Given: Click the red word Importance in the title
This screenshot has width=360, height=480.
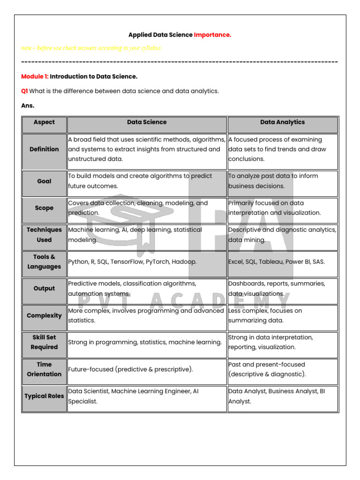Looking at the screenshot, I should pyautogui.click(x=212, y=35).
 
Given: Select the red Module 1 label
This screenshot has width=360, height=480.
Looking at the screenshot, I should pyautogui.click(x=35, y=76).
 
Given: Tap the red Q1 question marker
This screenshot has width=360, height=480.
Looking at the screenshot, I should pyautogui.click(x=24, y=91).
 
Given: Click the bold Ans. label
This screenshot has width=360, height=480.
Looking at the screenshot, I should pyautogui.click(x=28, y=105).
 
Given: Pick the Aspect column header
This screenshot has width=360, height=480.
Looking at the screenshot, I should pyautogui.click(x=44, y=122).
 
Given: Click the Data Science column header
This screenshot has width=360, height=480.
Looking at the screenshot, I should pyautogui.click(x=147, y=122).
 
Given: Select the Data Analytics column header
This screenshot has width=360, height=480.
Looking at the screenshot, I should pyautogui.click(x=282, y=122).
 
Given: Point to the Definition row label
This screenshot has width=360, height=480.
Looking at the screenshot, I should pyautogui.click(x=44, y=149).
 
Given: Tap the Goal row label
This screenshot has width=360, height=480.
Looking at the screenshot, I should pyautogui.click(x=44, y=181).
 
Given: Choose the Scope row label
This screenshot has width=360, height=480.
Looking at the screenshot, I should pyautogui.click(x=44, y=208).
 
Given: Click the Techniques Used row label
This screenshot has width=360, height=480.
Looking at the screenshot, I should pyautogui.click(x=44, y=235).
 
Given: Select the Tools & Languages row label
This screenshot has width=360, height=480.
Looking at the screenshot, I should pyautogui.click(x=44, y=262).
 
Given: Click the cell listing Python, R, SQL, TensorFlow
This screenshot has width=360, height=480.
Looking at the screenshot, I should pyautogui.click(x=133, y=262).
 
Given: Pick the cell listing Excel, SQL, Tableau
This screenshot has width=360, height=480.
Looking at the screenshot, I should pyautogui.click(x=276, y=262).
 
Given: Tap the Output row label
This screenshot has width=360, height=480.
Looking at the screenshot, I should pyautogui.click(x=44, y=289).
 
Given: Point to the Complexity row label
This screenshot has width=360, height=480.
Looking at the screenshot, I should pyautogui.click(x=44, y=315).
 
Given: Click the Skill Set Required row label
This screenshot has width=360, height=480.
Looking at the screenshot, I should pyautogui.click(x=44, y=342).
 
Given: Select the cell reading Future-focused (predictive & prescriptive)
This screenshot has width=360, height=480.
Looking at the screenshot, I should pyautogui.click(x=131, y=369).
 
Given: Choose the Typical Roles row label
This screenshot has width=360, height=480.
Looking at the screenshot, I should pyautogui.click(x=44, y=396).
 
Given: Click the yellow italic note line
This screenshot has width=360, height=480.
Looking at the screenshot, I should pyautogui.click(x=91, y=48).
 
